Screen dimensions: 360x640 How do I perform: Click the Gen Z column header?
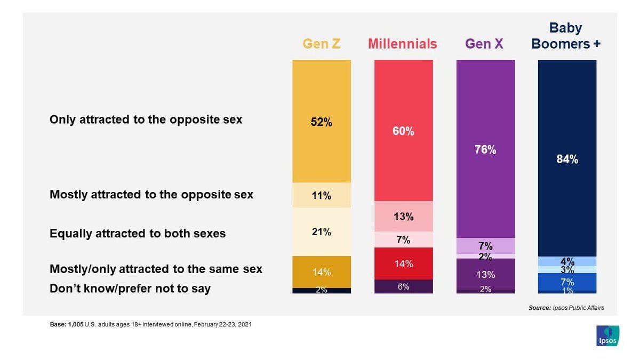pyautogui.click(x=322, y=44)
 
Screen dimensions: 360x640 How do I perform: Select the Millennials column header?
pyautogui.click(x=403, y=44)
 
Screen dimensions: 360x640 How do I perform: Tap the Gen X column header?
pyautogui.click(x=485, y=44)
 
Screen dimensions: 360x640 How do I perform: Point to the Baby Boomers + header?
pyautogui.click(x=566, y=36)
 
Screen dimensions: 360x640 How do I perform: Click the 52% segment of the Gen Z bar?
pyautogui.click(x=322, y=122)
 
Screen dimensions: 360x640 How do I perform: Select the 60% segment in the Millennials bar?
pyautogui.click(x=403, y=131)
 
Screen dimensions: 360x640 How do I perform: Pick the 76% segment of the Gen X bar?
pyautogui.click(x=485, y=149)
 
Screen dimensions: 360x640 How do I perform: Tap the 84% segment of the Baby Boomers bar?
pyautogui.click(x=567, y=158)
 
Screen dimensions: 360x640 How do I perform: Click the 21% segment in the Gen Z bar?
pyautogui.click(x=322, y=231)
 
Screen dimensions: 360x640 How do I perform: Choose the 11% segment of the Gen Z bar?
pyautogui.click(x=322, y=195)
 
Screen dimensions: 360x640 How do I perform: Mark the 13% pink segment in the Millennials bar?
pyautogui.click(x=403, y=217)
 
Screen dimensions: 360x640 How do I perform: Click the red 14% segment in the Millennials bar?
pyautogui.click(x=403, y=263)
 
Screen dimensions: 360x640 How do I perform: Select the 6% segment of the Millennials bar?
pyautogui.click(x=403, y=286)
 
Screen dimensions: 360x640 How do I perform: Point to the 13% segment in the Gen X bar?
pyautogui.click(x=485, y=274)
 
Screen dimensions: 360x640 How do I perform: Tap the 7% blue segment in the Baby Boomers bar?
pyautogui.click(x=567, y=282)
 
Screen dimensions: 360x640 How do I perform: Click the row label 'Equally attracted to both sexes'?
pyautogui.click(x=138, y=234)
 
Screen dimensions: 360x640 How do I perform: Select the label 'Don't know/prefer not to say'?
pyautogui.click(x=130, y=289)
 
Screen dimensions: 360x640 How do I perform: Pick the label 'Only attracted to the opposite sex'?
pyautogui.click(x=146, y=119)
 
